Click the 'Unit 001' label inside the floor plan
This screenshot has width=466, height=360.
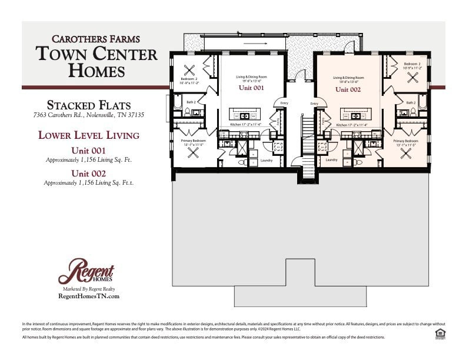pyautogui.click(x=251, y=88)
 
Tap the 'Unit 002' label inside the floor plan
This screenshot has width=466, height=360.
pyautogui.click(x=348, y=89)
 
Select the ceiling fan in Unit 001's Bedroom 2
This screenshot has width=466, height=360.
pyautogui.click(x=189, y=71)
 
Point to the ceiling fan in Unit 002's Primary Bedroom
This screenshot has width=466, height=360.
pyautogui.click(x=406, y=153)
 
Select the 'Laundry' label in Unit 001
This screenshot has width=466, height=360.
pyautogui.click(x=266, y=160)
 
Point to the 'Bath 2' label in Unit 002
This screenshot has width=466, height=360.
pyautogui.click(x=410, y=102)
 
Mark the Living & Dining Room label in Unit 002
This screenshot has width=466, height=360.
pyautogui.click(x=348, y=78)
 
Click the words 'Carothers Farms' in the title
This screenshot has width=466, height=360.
pyautogui.click(x=95, y=39)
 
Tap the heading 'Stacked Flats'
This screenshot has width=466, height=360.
pyautogui.click(x=89, y=105)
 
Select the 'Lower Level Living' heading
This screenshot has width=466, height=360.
pyautogui.click(x=89, y=135)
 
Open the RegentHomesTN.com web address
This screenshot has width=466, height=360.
pyautogui.click(x=89, y=296)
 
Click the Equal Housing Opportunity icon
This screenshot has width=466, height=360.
pyautogui.click(x=439, y=334)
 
